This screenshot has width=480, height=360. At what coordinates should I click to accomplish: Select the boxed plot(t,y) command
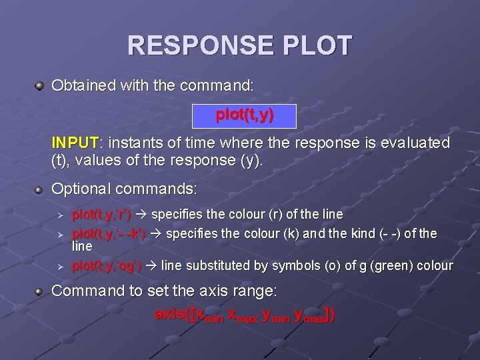coord(244,115)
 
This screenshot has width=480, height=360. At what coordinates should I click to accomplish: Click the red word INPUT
coord(75,143)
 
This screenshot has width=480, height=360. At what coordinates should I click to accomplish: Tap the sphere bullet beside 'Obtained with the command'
coord(40,86)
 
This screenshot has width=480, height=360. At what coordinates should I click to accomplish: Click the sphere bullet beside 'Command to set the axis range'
coord(40,291)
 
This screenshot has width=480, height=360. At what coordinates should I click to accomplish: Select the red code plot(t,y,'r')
coord(101,215)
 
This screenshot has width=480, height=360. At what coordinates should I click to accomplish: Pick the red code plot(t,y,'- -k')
coord(109,234)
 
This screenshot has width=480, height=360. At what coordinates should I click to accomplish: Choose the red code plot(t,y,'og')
coord(106,266)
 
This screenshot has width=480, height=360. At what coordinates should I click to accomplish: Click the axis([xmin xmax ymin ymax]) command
coord(244,314)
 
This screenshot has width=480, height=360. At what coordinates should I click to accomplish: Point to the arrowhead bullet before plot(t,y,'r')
coord(60,215)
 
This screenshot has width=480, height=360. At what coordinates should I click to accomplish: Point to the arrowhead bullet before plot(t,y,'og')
coord(60,266)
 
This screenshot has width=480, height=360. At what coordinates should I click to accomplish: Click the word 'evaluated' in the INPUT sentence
coord(417,143)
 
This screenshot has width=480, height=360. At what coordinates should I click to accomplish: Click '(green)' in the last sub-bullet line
coord(397,266)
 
